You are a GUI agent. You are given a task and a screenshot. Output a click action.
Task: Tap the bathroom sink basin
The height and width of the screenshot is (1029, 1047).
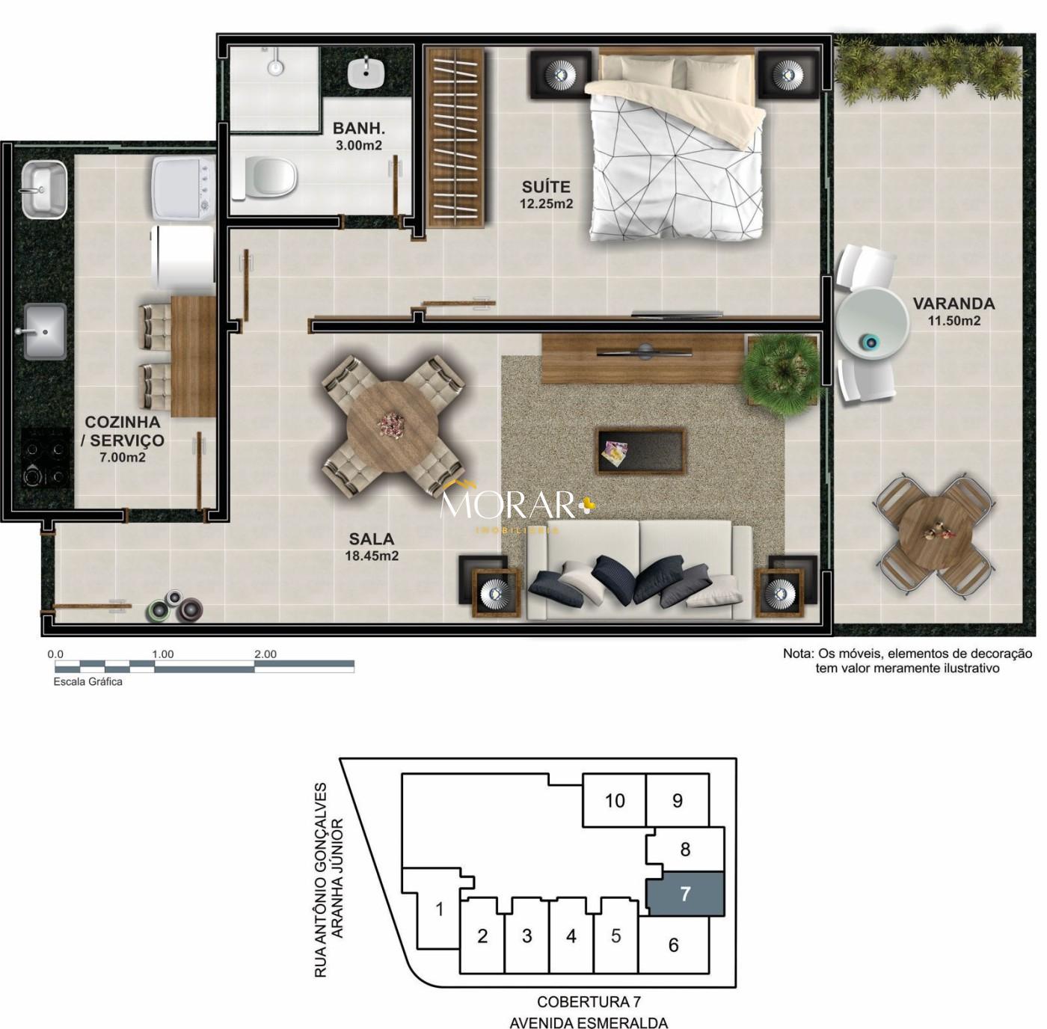[x=366, y=72]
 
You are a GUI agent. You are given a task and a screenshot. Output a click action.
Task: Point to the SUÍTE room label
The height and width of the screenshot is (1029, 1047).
[x=546, y=187]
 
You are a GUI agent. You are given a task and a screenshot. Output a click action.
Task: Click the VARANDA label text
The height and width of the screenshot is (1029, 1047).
[x=954, y=303]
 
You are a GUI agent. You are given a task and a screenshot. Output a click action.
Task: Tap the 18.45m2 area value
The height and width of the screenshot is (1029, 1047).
[x=372, y=556]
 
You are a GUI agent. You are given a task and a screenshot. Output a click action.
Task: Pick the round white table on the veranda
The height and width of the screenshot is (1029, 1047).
[x=873, y=323]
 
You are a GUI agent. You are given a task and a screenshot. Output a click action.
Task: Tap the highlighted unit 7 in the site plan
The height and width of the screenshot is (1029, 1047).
[x=685, y=894]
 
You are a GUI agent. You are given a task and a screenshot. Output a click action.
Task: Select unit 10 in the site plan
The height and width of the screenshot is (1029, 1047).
[x=615, y=800]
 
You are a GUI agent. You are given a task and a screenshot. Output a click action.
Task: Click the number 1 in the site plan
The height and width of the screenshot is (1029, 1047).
[x=440, y=909]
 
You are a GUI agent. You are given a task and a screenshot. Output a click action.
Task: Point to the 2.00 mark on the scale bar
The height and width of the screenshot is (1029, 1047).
[x=265, y=654]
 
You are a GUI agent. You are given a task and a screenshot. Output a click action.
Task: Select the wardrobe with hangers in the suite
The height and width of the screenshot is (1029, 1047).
[x=455, y=137]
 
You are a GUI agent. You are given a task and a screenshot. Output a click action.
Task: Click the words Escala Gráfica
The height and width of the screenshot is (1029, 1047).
[x=87, y=682]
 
